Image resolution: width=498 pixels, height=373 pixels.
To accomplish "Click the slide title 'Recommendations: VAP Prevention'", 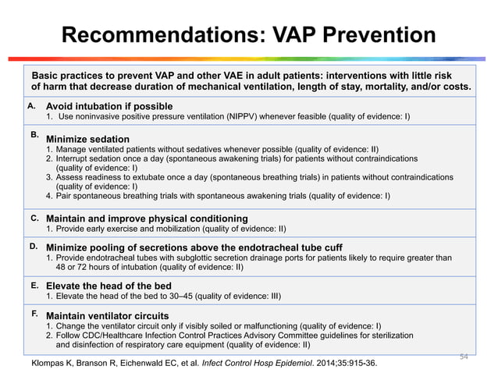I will [x=248, y=35].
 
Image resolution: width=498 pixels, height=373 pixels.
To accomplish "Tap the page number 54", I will [x=464, y=355].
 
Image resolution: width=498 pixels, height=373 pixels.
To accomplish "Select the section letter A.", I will [x=32, y=105].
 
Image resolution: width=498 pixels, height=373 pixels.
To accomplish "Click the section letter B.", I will [x=34, y=135].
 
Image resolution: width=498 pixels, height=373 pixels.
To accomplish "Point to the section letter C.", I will [x=34, y=218].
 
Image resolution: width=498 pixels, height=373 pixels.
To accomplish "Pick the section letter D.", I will [x=34, y=246].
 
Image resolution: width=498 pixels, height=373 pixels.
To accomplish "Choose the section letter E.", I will [x=34, y=286].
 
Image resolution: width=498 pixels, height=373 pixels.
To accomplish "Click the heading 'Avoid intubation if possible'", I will [x=109, y=105].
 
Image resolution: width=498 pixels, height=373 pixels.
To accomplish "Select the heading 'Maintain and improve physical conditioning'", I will [x=147, y=218].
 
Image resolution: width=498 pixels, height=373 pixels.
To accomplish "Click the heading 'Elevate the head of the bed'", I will [x=108, y=286].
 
